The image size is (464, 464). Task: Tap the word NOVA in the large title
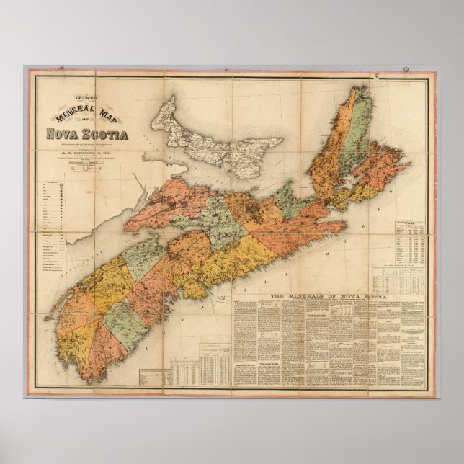(x=61, y=134)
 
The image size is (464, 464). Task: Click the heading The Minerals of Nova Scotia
(x=329, y=296)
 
